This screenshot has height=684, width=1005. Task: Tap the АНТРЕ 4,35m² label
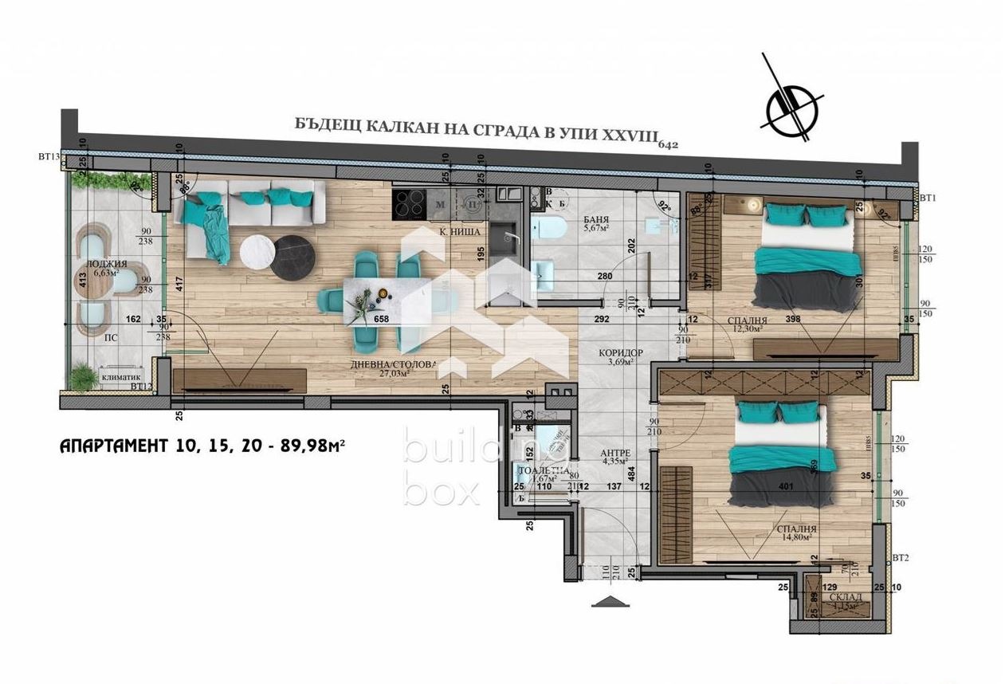(615, 457)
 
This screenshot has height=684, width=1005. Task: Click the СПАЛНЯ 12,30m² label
(745, 324)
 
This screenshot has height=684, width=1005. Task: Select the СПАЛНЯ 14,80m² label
(796, 533)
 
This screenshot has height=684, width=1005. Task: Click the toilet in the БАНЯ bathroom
(551, 230)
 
